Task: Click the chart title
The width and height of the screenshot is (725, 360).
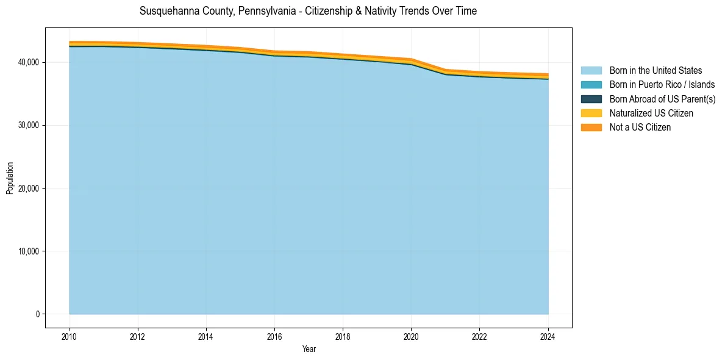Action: pyautogui.click(x=308, y=12)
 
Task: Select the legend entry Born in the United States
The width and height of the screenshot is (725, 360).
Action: pyautogui.click(x=655, y=71)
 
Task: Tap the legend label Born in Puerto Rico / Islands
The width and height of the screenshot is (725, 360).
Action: pyautogui.click(x=662, y=85)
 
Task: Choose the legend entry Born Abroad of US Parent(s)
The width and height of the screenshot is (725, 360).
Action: pyautogui.click(x=662, y=99)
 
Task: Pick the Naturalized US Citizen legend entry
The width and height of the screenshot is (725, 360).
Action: pyautogui.click(x=651, y=113)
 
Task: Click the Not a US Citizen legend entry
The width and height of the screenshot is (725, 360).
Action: pyautogui.click(x=640, y=128)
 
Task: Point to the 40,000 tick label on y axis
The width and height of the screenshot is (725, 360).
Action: pyautogui.click(x=29, y=63)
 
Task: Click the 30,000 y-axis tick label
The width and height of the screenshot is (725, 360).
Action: pyautogui.click(x=29, y=126)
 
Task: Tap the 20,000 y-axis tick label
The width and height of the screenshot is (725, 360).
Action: pyautogui.click(x=29, y=189)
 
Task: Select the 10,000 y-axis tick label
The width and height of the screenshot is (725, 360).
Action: pyautogui.click(x=29, y=251)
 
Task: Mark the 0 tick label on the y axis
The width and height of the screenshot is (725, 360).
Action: pyautogui.click(x=37, y=314)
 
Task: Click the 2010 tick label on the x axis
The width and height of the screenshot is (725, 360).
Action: pyautogui.click(x=70, y=336)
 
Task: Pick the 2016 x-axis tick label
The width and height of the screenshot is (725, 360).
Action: pyautogui.click(x=274, y=336)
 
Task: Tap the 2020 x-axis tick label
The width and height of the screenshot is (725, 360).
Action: pyautogui.click(x=411, y=336)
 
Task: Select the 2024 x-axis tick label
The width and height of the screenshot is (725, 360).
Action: pyautogui.click(x=548, y=336)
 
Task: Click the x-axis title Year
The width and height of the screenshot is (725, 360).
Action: pyautogui.click(x=309, y=349)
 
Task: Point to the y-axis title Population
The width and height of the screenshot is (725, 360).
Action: pyautogui.click(x=10, y=178)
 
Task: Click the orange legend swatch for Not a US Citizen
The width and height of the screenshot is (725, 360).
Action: pyautogui.click(x=591, y=128)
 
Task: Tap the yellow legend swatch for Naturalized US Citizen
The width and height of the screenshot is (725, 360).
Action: pyautogui.click(x=591, y=113)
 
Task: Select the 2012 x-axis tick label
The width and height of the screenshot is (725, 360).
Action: pyautogui.click(x=138, y=336)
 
